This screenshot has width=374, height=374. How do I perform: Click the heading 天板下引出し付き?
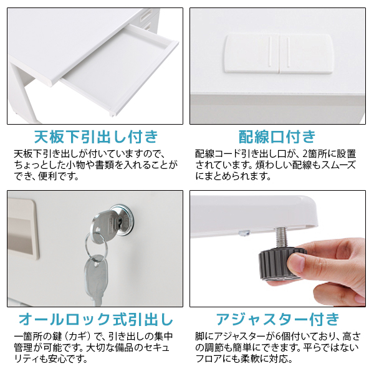coord(96,137)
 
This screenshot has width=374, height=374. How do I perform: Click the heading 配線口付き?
coord(277,137)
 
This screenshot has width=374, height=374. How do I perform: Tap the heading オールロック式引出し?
coord(96,319)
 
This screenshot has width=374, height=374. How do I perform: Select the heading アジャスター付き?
coord(277,319)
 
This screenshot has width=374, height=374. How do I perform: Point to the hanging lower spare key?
coord(96,279)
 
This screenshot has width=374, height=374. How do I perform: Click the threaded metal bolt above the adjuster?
coord(282,238)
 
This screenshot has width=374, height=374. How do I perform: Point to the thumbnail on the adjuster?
coord(295,262)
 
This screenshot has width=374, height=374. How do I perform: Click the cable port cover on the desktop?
coord(278,54)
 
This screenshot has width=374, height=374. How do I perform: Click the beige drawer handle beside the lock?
coord(22,229)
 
